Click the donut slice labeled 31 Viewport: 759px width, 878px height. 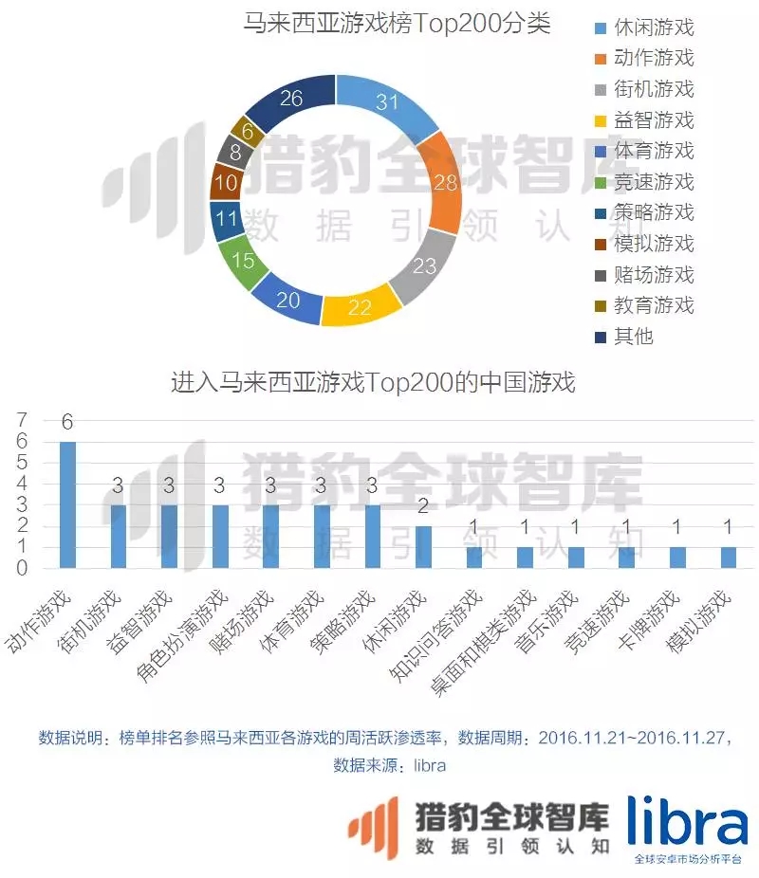pos(387,102)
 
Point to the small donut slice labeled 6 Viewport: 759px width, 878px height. pos(249,132)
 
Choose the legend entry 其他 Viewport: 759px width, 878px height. pos(634,336)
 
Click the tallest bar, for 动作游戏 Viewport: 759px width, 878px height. pos(67,505)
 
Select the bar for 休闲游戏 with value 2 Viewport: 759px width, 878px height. pos(423,547)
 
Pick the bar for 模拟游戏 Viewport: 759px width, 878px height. pos(728,558)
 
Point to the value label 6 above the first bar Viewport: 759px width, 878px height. pos(67,422)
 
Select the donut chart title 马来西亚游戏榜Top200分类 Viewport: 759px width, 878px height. pos(398,23)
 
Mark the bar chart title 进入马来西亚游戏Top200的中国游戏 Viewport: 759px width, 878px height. pos(373,382)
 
